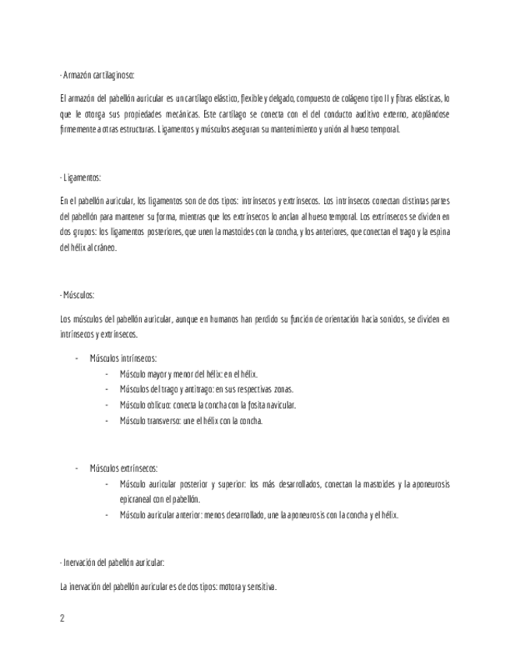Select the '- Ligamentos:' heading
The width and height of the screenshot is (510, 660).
point(80,178)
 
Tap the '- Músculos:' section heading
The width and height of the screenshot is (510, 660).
point(77,296)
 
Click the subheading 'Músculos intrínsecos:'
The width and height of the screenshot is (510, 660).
point(123,359)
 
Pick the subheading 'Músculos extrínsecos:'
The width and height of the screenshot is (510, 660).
point(124,469)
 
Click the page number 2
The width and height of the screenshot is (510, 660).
point(62,619)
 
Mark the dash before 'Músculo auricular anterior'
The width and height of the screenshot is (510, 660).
point(107,515)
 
